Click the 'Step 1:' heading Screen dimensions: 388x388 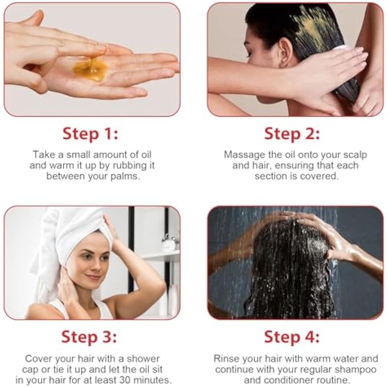[90, 134]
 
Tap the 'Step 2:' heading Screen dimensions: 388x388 [292, 134]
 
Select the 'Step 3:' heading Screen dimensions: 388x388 [89, 337]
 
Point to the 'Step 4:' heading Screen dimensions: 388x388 [292, 337]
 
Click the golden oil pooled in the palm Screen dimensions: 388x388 [91, 68]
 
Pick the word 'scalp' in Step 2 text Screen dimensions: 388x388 [355, 155]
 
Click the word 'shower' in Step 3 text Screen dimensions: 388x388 [143, 359]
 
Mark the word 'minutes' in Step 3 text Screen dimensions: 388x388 [153, 380]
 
